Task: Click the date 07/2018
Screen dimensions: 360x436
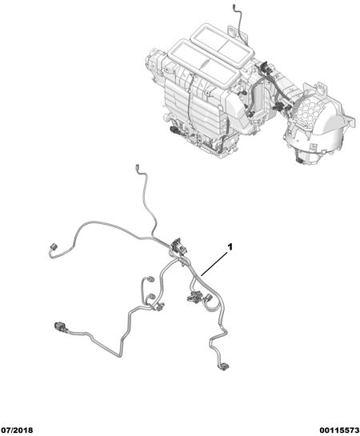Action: (17, 430)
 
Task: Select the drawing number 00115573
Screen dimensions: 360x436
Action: (339, 430)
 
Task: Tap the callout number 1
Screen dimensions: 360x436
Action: (230, 246)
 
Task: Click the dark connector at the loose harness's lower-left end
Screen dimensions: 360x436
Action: (61, 326)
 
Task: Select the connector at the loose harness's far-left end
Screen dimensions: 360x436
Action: (53, 246)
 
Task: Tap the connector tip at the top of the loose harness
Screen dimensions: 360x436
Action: (137, 167)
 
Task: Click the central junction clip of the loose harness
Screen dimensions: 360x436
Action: (177, 246)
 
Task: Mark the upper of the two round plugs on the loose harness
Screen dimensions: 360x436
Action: (150, 279)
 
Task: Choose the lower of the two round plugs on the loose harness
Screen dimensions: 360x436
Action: (150, 296)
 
